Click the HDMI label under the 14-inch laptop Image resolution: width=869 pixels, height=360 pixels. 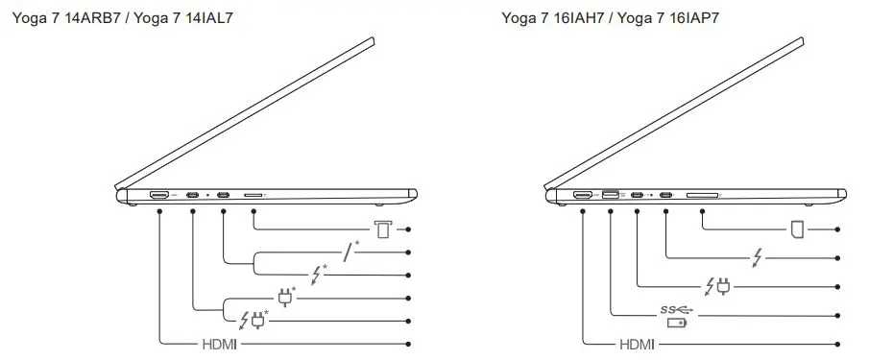pos(219,343)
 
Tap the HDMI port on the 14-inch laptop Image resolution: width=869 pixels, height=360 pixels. pos(159,196)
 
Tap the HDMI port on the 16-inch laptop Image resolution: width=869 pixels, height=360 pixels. pos(583,197)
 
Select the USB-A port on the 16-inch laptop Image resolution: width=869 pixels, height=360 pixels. pos(610,197)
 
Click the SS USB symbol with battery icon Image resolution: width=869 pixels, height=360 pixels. pos(676,315)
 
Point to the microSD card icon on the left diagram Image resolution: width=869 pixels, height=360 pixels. pos(383,229)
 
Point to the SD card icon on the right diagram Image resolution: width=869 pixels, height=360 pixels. pos(797,229)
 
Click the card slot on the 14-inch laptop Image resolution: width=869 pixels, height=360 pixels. pos(254,197)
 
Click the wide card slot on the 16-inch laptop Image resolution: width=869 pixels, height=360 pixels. pos(702,197)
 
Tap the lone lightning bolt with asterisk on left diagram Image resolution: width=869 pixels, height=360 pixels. pos(320,274)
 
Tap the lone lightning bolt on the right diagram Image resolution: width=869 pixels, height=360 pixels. pos(760,257)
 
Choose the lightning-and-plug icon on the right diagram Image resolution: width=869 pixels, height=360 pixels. pos(717,285)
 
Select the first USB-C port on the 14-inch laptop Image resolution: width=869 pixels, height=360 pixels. pos(193,197)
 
